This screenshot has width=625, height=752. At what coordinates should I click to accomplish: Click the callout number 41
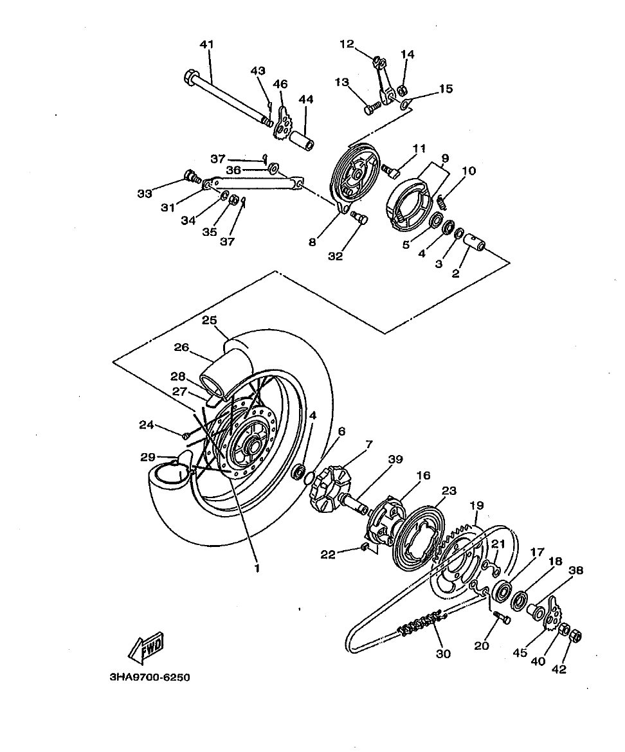206,44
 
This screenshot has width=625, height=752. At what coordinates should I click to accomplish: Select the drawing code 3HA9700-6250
145,677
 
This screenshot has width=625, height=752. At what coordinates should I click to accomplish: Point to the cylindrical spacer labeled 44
301,139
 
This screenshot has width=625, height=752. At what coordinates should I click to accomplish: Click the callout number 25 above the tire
209,320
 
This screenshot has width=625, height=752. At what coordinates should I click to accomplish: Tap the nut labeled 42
576,636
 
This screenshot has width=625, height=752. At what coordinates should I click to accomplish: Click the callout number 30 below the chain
443,654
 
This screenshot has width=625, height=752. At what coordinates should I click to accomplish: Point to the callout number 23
449,490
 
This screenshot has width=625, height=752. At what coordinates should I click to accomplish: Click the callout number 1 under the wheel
257,568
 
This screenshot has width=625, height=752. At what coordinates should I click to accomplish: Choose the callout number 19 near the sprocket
476,506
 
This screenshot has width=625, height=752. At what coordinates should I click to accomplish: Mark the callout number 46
280,84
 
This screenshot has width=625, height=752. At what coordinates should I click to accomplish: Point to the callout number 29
148,457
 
